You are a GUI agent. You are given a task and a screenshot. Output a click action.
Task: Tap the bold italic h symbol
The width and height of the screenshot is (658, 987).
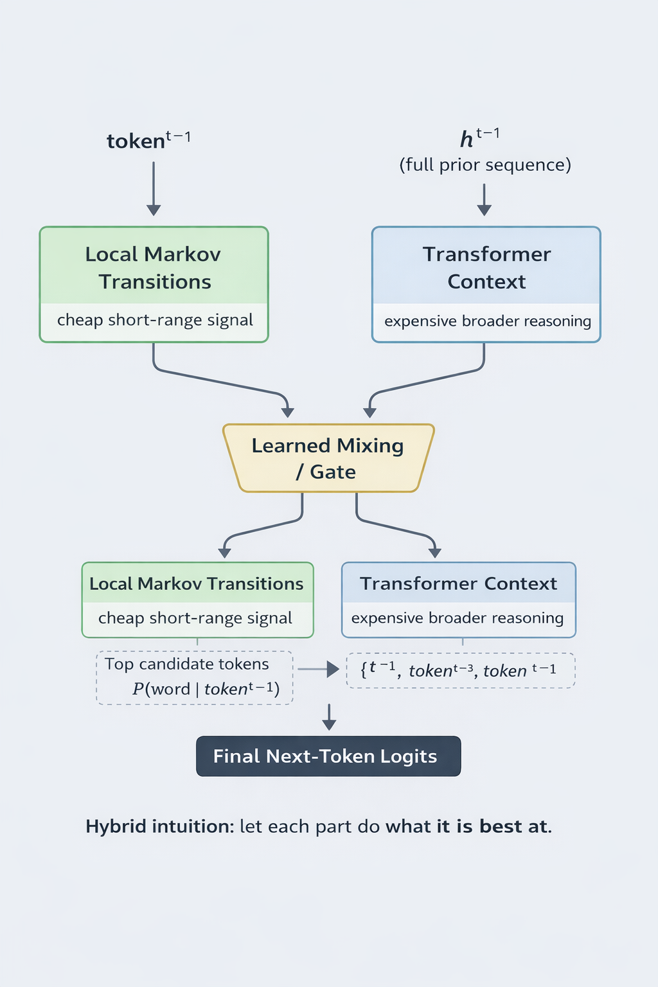pos(467,139)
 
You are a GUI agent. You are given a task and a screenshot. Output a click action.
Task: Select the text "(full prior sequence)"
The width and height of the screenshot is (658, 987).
pos(485,165)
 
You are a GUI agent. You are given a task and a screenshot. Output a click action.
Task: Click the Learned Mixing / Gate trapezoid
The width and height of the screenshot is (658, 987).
pos(328,458)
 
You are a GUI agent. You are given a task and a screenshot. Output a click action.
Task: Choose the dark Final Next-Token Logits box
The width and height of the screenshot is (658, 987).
pos(328,756)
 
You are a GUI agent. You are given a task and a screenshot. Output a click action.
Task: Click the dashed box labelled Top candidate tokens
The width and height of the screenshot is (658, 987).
pos(195,677)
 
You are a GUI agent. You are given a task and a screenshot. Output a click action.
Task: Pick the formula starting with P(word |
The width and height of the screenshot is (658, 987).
pos(206,689)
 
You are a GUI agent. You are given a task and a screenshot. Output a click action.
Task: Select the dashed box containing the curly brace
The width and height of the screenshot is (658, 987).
pos(460,670)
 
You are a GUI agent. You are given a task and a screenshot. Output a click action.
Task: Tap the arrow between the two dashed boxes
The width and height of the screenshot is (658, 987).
pos(319,670)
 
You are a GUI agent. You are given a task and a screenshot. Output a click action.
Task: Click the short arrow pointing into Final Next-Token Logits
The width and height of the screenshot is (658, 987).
pos(329,717)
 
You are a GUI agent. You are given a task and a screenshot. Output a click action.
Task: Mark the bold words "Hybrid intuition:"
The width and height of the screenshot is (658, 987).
pos(160,826)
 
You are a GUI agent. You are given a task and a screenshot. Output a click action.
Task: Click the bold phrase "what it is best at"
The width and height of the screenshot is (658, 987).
pos(467,826)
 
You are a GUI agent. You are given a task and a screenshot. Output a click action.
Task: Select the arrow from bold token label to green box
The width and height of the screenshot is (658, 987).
pos(154,188)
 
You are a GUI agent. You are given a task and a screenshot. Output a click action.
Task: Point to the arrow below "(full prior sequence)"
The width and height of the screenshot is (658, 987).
pos(485,199)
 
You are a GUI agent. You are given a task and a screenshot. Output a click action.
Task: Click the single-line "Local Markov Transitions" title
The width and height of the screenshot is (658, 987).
pos(196,583)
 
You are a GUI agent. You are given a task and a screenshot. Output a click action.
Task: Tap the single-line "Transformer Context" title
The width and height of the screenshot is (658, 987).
pos(458,583)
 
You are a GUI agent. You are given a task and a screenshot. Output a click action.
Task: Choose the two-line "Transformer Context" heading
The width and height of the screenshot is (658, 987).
pos(486,268)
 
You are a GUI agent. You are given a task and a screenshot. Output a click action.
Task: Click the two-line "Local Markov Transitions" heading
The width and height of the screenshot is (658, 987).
pos(154,268)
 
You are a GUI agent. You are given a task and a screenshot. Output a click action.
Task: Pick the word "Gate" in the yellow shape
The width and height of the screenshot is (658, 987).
pos(333,472)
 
